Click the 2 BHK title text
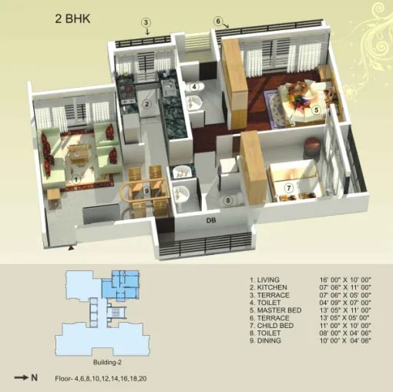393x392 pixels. click(73, 17)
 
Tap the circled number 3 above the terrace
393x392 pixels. click(146, 22)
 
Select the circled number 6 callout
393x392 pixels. click(218, 21)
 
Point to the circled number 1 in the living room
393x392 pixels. click(76, 179)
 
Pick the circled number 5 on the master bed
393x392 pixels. click(316, 110)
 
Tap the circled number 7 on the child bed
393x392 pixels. click(288, 187)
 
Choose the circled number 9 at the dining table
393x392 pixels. click(146, 190)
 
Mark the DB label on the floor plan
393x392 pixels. click(210, 222)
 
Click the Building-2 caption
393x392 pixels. click(109, 361)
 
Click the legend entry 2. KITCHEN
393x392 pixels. click(270, 287)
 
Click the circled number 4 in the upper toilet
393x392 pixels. click(195, 86)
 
